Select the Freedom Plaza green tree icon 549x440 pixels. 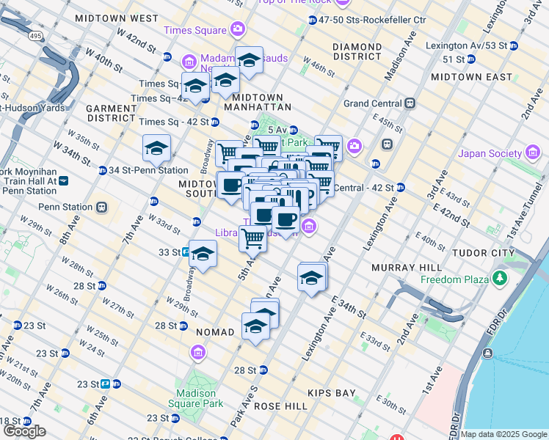pyautogui.click(x=501, y=279)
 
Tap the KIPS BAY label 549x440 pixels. pyautogui.click(x=332, y=393)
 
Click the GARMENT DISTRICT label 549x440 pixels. pyautogui.click(x=112, y=113)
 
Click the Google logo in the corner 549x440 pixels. pyautogui.click(x=24, y=431)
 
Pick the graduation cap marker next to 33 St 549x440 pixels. pyautogui.click(x=203, y=254)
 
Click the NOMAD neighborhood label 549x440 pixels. pyautogui.click(x=215, y=332)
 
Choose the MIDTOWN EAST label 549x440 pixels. pyautogui.click(x=472, y=76)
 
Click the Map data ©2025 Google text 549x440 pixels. pyautogui.click(x=503, y=434)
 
